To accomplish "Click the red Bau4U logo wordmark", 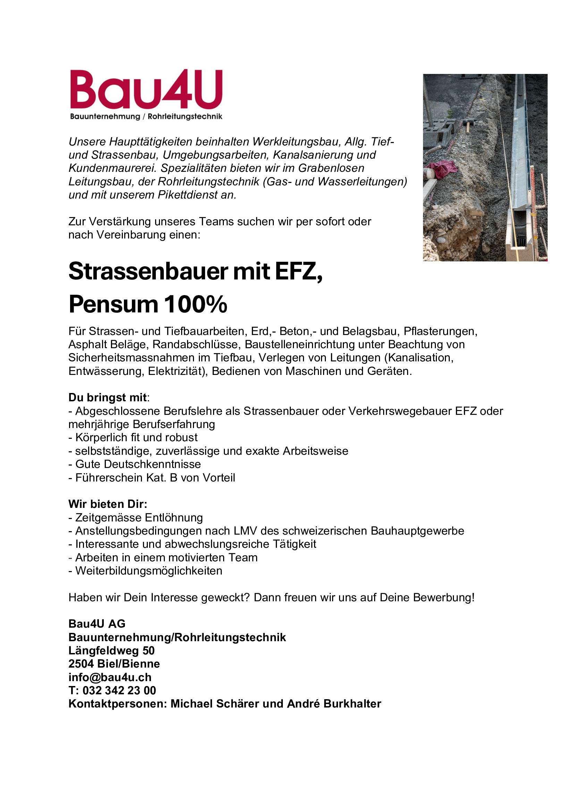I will click(146, 90).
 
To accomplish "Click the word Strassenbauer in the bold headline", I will click(148, 271).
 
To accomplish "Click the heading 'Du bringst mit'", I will click(108, 397).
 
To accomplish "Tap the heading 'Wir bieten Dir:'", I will click(108, 504).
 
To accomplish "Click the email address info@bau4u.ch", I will click(110, 677).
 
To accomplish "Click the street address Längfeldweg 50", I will click(111, 650).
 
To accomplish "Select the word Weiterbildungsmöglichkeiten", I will click(149, 571).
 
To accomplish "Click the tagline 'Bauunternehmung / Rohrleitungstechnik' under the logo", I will click(146, 116).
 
